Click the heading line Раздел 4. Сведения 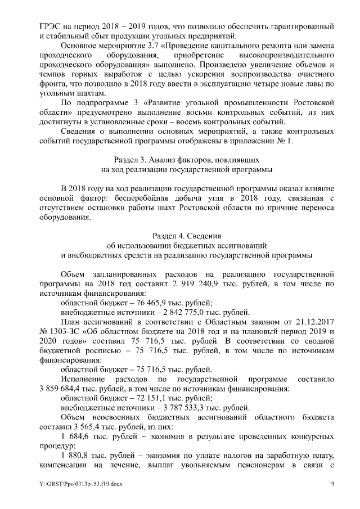[x=179, y=236]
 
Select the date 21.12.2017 [x=306, y=322]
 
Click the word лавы [x=304, y=84]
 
